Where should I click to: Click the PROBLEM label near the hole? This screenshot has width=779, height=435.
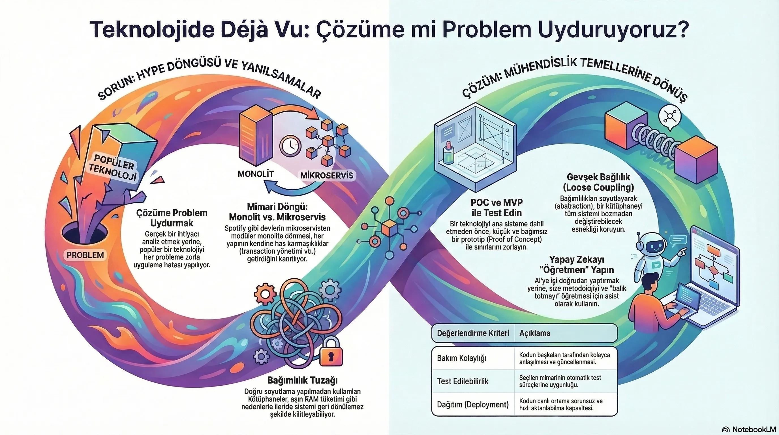point(85,255)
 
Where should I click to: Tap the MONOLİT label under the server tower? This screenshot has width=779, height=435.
point(256,174)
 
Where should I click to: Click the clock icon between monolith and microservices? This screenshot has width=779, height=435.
point(290,146)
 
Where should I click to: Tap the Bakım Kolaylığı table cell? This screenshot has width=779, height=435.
point(461,359)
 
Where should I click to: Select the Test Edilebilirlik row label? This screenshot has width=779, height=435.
point(463,381)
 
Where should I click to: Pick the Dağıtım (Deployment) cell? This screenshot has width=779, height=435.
point(473,404)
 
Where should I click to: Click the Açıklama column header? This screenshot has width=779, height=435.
point(535,333)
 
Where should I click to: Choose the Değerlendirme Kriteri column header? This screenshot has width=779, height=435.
point(473,333)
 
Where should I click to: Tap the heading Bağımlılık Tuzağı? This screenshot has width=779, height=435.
point(302,380)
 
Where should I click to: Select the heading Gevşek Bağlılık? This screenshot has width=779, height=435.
point(598,177)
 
